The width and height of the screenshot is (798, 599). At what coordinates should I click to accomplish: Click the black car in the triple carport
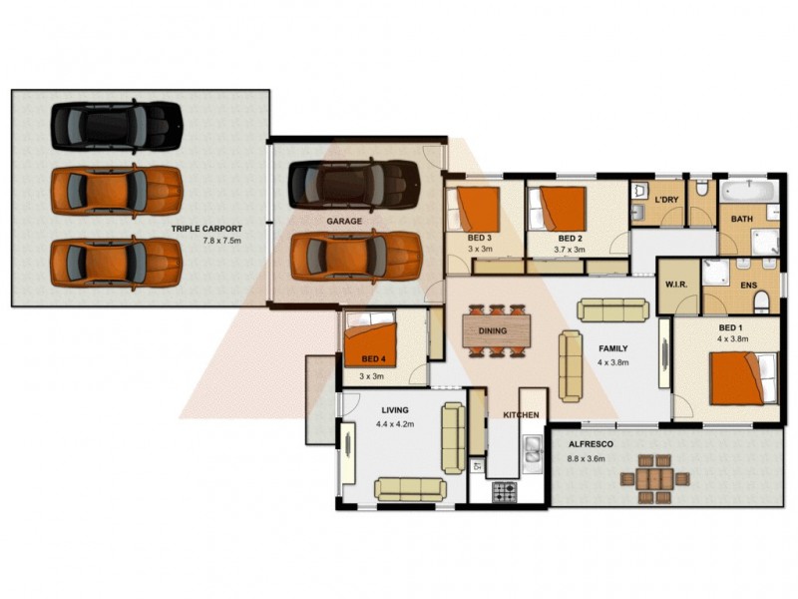[x=117, y=126]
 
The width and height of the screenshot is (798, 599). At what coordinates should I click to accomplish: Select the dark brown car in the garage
[x=353, y=184]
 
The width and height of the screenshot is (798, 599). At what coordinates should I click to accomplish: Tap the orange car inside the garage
[x=355, y=257]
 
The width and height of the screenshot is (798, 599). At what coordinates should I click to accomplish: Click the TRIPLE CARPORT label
[x=206, y=229]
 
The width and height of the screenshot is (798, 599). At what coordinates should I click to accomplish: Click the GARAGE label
[x=343, y=221]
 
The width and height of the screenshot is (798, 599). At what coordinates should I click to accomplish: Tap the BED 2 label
[x=571, y=239]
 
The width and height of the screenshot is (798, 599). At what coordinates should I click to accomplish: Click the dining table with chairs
[x=492, y=330]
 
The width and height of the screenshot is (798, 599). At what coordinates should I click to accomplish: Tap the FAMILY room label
[x=612, y=348]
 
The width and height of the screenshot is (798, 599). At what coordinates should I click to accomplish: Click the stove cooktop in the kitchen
[x=505, y=491]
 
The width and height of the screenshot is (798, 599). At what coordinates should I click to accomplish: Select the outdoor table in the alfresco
[x=655, y=478]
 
